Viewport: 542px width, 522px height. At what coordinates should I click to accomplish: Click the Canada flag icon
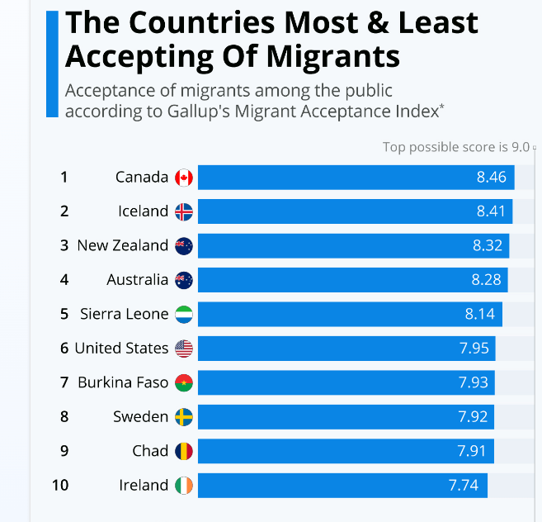pos(184,178)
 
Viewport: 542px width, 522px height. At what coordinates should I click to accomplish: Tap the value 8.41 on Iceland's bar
pos(490,211)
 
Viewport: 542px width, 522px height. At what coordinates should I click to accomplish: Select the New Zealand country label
pos(123,245)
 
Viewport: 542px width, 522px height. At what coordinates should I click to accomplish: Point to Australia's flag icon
pos(184,280)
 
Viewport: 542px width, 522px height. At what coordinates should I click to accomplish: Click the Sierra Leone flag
pos(184,314)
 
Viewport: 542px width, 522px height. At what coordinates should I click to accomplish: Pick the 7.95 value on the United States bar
pos(474,349)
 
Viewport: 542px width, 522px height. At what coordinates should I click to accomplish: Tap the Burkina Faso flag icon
pos(184,382)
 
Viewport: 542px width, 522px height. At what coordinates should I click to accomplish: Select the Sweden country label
pos(140,416)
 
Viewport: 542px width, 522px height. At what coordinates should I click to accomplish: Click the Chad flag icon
pos(184,451)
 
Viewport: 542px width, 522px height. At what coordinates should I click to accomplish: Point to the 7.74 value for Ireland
pos(464,485)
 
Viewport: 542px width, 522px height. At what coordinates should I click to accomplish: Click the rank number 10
pos(60,485)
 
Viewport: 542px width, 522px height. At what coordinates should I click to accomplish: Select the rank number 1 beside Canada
pos(64,177)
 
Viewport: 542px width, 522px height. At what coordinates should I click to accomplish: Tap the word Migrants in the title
pos(328,56)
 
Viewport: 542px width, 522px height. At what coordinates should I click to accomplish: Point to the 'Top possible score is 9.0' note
pos(456,147)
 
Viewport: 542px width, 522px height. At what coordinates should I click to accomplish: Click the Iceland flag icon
pos(184,211)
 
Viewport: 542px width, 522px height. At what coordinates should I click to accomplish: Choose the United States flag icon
pos(184,349)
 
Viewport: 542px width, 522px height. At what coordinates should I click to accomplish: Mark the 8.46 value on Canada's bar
pos(492,178)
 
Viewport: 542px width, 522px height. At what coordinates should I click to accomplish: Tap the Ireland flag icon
pos(184,485)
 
